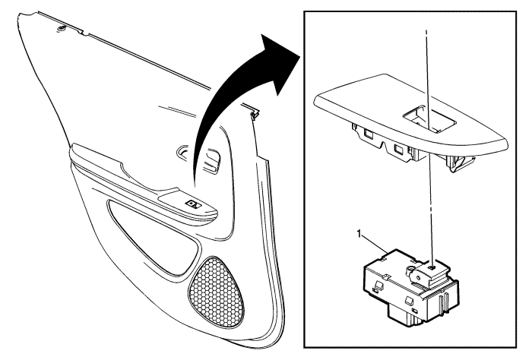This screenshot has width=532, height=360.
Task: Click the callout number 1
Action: click(359, 234)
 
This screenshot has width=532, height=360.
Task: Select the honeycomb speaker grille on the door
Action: click(216, 292)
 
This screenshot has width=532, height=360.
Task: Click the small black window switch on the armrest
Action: click(193, 204)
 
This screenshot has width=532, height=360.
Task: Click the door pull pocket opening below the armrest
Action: click(153, 237)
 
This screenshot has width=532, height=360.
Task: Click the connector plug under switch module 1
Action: click(405, 316)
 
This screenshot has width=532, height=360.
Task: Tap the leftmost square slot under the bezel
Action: click(368, 134)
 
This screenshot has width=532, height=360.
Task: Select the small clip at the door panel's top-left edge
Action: click(62, 28)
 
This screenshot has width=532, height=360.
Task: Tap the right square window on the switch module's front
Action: click(409, 300)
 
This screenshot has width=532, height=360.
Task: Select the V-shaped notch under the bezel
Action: click(386, 147)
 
